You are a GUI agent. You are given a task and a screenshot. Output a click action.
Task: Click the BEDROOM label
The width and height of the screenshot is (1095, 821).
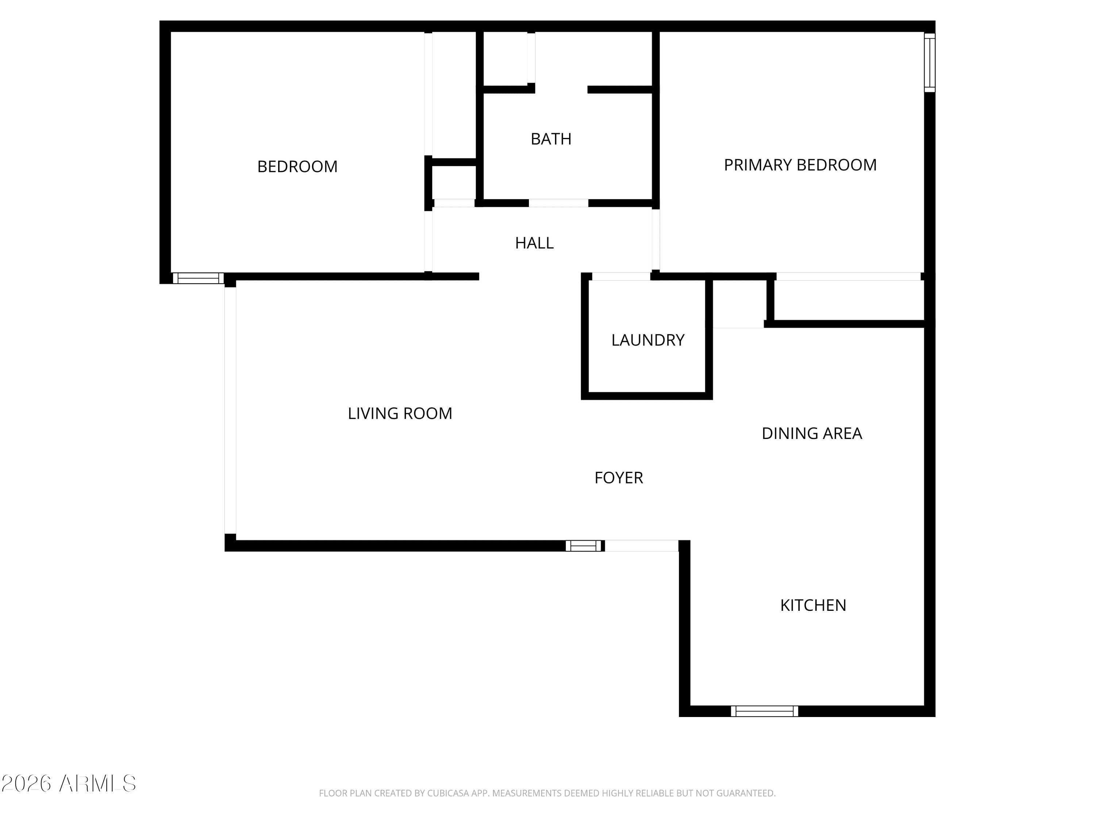click(x=297, y=167)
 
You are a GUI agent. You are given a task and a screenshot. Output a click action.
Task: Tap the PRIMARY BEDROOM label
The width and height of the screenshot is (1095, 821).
click(x=800, y=165)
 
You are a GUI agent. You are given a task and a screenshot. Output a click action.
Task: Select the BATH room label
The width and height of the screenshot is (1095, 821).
click(x=551, y=139)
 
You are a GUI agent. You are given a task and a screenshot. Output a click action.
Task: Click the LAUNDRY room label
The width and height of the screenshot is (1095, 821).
click(x=648, y=340)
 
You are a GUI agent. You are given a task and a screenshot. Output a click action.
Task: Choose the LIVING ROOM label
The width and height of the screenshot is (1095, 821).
click(x=400, y=413)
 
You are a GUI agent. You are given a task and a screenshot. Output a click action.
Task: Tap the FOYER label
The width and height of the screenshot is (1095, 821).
click(x=619, y=478)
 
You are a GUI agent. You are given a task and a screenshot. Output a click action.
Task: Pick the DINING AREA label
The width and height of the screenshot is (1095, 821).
click(x=812, y=433)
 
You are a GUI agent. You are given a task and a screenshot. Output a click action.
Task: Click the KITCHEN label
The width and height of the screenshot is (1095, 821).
click(x=813, y=605)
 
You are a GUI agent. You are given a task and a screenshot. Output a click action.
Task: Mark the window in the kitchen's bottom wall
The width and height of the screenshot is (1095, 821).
click(x=764, y=711)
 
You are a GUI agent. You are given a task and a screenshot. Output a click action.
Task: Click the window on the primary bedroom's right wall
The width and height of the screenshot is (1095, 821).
click(x=930, y=63)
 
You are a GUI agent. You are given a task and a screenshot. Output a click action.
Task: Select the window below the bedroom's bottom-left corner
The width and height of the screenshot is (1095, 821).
click(x=198, y=278)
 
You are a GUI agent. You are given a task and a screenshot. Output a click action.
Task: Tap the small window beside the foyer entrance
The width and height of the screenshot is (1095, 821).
click(x=584, y=546)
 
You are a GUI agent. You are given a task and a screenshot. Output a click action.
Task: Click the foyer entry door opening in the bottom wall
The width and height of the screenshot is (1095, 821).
click(x=642, y=546)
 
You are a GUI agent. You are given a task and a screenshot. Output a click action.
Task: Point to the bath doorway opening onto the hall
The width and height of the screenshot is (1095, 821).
click(x=558, y=203)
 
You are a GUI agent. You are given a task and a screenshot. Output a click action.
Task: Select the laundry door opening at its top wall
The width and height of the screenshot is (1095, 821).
click(x=621, y=277)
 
